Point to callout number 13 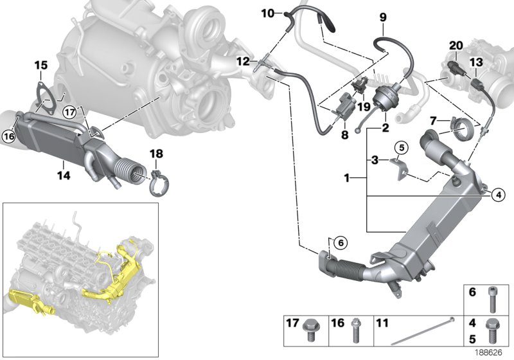[475, 62]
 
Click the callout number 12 [242, 61]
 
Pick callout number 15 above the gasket [40, 65]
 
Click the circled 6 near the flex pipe [341, 242]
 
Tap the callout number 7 [433, 120]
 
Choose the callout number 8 [344, 134]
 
